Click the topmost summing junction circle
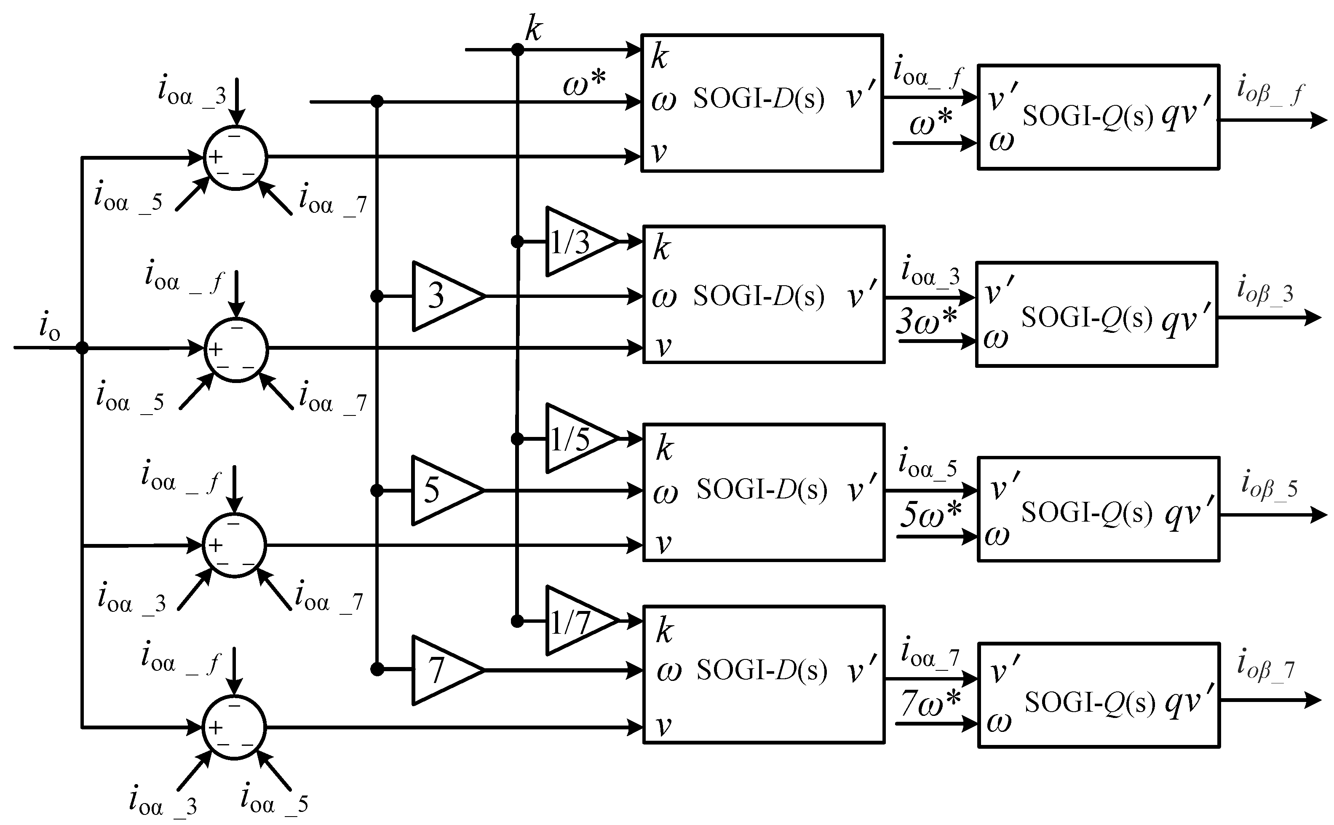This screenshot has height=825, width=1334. coord(235,158)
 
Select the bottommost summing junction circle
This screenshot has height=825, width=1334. coord(235,727)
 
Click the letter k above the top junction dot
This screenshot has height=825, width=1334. coord(533,28)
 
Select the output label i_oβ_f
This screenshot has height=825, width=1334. coord(1271,90)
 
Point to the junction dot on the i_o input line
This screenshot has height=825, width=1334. coord(82,348)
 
